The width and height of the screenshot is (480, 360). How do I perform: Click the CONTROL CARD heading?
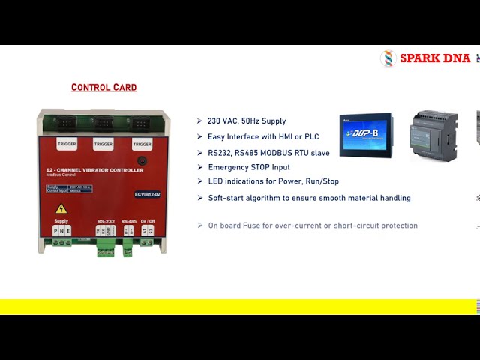point(103,88)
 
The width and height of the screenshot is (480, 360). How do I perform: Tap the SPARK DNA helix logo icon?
point(388,58)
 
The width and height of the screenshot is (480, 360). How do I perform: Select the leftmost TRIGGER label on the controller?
point(66,144)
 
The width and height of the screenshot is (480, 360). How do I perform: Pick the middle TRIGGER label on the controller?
point(103,144)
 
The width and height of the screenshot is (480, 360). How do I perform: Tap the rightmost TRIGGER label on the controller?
point(142,144)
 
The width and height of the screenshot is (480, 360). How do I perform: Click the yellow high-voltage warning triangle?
point(61,208)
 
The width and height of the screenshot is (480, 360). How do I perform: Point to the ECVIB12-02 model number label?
point(147,194)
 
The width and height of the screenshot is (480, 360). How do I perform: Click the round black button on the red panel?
point(140,161)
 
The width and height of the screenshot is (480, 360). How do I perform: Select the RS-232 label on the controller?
point(105,221)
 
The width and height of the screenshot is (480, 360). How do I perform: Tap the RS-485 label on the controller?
point(128,221)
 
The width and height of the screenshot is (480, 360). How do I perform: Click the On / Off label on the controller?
point(147,221)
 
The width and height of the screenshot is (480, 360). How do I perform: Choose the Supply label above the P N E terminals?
point(61,221)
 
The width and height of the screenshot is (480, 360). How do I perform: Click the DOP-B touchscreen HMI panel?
point(366,135)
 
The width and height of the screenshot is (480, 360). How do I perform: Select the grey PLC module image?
point(433,135)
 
